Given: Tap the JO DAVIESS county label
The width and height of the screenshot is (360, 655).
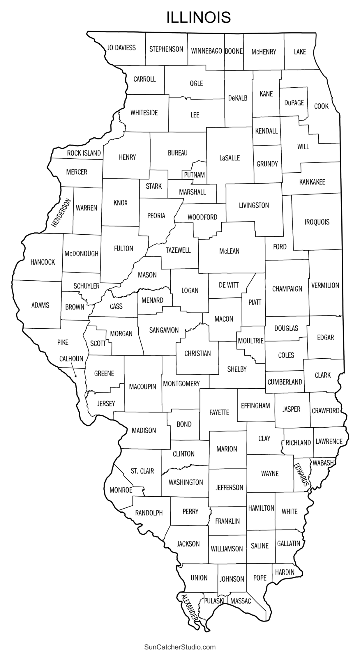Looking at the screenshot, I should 121,48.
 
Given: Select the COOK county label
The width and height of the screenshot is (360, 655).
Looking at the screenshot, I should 321,106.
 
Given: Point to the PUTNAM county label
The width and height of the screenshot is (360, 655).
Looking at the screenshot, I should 194,175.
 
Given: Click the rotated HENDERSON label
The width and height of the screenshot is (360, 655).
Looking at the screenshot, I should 61,213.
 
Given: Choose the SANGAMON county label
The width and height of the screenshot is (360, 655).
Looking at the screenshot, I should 164,330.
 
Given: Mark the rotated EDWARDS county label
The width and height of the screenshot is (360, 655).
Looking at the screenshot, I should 301,475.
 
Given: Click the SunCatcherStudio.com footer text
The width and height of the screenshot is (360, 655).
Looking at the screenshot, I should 180,647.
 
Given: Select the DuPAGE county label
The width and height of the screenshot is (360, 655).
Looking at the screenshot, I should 294,103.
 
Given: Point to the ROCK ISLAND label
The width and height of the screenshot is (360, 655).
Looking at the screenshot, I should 84,153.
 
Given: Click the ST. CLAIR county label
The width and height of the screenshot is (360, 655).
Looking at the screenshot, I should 142,471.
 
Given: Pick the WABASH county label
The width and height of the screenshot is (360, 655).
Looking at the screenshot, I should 323,463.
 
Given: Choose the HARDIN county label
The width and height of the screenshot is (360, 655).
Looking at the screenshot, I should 285,572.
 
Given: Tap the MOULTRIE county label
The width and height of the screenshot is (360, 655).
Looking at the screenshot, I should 250,341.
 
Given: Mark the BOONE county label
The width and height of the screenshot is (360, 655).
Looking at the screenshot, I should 234,51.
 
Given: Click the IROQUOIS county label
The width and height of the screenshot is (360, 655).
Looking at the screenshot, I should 317,222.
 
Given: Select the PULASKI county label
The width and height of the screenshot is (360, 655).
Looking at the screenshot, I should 214,601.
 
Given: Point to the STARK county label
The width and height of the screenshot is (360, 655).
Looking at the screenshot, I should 154,186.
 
